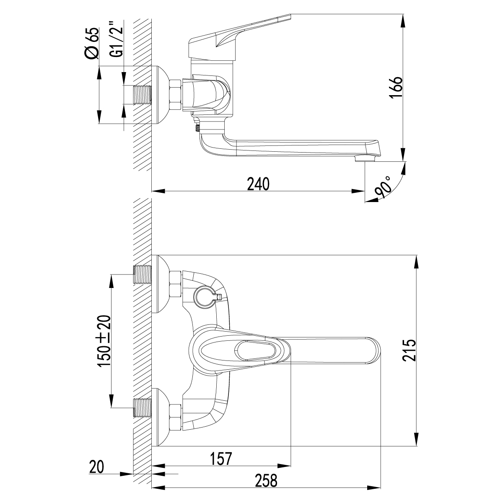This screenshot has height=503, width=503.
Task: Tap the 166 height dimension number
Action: (x=396, y=88)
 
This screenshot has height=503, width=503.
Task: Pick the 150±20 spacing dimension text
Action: (x=104, y=341)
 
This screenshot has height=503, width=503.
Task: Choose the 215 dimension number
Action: (x=409, y=350)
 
